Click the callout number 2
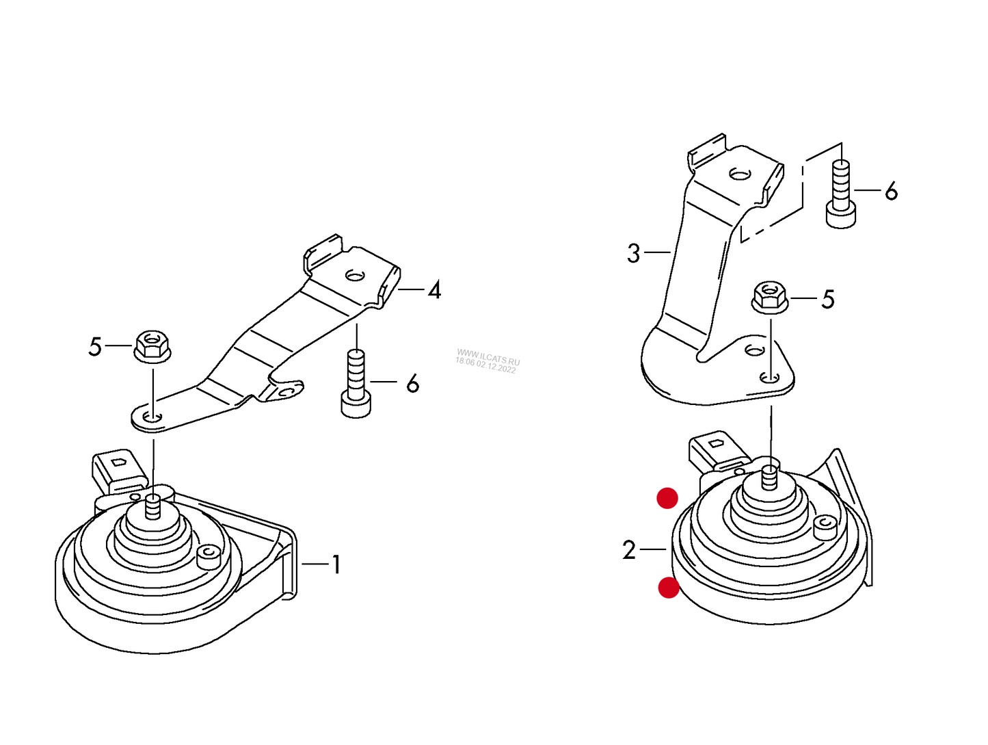tap(629, 549)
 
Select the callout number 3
tap(633, 253)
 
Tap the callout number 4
tap(434, 290)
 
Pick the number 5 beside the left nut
tap(95, 347)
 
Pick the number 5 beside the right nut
tap(828, 300)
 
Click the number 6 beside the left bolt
tap(412, 383)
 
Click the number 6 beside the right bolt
tap(891, 191)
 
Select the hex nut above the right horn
tap(770, 296)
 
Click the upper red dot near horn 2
tap(667, 498)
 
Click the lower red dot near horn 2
tap(669, 588)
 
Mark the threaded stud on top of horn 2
tap(771, 477)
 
